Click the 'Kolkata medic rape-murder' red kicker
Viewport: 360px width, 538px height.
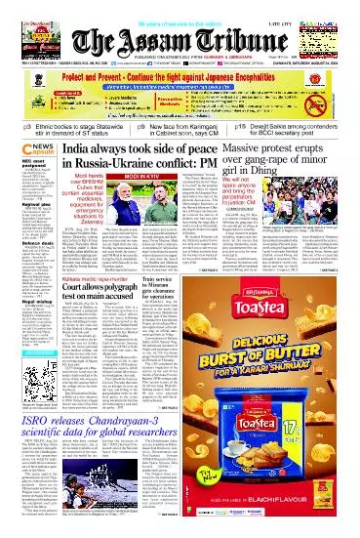(100, 303)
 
